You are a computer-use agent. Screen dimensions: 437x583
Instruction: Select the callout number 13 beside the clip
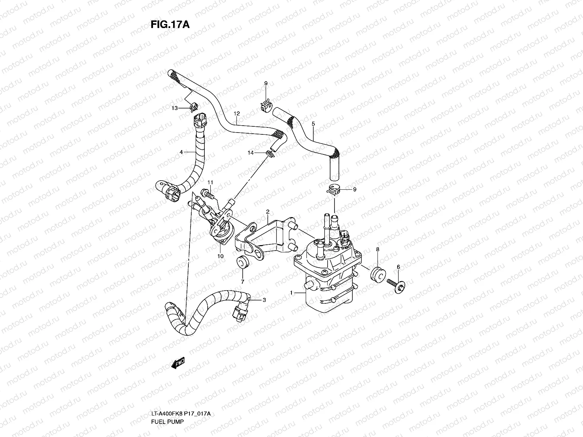[175, 108]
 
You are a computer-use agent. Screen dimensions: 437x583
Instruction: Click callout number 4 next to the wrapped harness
[181, 152]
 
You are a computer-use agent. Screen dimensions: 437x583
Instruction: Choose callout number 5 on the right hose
[313, 123]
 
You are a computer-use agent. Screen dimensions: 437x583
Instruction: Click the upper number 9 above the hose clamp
[266, 83]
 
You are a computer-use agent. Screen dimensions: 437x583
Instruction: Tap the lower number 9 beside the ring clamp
[355, 189]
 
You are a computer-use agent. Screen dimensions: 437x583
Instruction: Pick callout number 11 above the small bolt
[210, 182]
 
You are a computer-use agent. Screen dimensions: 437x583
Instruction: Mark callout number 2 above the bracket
[267, 212]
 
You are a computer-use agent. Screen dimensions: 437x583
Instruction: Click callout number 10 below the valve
[220, 256]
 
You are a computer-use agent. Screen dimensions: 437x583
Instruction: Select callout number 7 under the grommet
[242, 282]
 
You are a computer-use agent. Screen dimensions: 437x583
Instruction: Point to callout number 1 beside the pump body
[291, 292]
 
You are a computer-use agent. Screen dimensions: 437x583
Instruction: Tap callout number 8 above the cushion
[377, 249]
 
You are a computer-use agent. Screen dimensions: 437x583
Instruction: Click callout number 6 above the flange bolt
[398, 267]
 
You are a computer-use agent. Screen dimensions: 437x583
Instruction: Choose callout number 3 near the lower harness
[264, 300]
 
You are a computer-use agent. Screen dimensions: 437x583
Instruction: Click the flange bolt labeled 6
[397, 283]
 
